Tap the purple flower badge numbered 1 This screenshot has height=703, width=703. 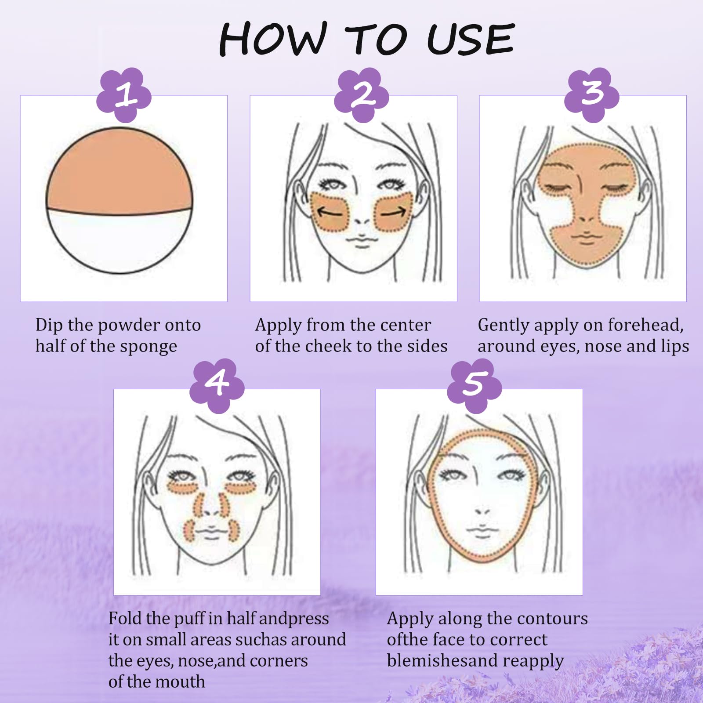[x=124, y=95]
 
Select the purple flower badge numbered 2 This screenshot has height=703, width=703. [x=361, y=95]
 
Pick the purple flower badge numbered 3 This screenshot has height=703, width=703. [x=592, y=95]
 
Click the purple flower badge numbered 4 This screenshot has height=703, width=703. [x=217, y=386]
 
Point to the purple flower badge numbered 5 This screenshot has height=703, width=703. [x=475, y=386]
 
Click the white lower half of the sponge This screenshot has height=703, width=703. [x=120, y=242]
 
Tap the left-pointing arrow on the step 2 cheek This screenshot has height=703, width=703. [x=330, y=213]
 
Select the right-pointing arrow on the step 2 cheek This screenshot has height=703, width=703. [x=393, y=213]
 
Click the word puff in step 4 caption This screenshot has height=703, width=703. [x=188, y=619]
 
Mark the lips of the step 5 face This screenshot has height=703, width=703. [x=482, y=531]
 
